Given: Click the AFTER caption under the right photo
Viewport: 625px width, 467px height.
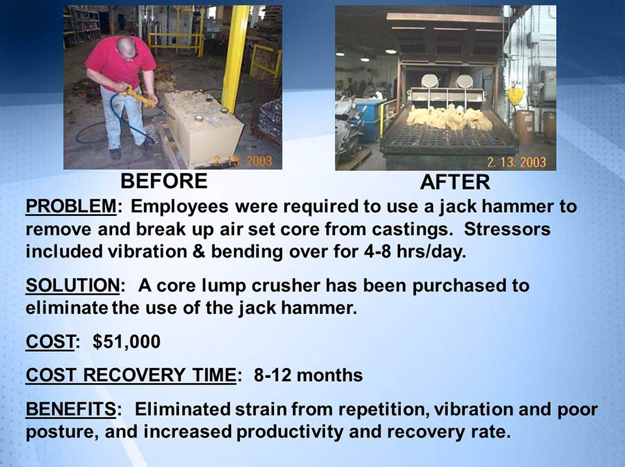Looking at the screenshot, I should click(454, 181).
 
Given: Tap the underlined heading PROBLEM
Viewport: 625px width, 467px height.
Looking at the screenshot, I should click(70, 207).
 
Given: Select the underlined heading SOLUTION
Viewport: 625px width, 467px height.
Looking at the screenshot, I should click(71, 286).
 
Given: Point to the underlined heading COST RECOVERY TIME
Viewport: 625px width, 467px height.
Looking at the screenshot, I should click(130, 375).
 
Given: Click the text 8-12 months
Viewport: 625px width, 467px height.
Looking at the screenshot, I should click(308, 375).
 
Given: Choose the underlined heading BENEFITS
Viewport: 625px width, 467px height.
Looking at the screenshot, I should click(71, 410).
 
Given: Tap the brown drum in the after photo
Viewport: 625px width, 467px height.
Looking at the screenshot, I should click(524, 127).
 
